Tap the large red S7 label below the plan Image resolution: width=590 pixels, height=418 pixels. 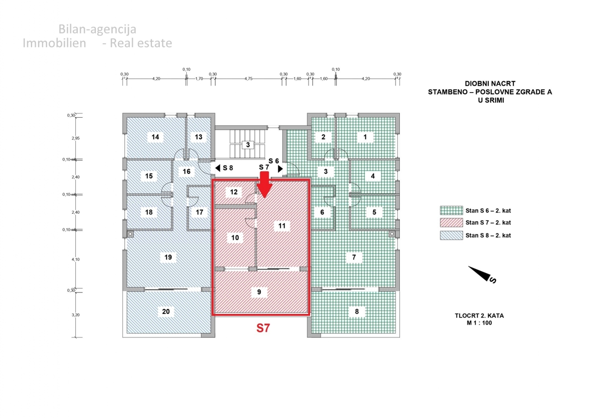pyautogui.click(x=264, y=328)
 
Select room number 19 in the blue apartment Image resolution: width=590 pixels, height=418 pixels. pyautogui.click(x=168, y=257)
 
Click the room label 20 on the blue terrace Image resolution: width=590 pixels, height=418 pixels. pyautogui.click(x=166, y=311)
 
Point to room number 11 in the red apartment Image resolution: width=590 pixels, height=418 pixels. pyautogui.click(x=282, y=225)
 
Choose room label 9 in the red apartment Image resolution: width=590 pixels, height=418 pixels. pyautogui.click(x=259, y=292)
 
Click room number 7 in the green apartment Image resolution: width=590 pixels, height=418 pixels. pyautogui.click(x=354, y=257)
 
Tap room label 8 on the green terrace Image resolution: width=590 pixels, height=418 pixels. pyautogui.click(x=357, y=311)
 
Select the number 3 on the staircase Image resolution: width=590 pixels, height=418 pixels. pyautogui.click(x=248, y=144)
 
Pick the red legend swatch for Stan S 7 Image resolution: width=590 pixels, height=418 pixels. pyautogui.click(x=451, y=222)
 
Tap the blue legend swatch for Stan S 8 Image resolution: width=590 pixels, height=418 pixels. pyautogui.click(x=451, y=235)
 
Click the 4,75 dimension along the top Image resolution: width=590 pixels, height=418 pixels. pyautogui.click(x=248, y=78)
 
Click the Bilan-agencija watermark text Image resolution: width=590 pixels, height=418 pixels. pyautogui.click(x=97, y=29)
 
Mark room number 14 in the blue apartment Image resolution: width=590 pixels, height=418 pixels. pyautogui.click(x=155, y=137)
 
